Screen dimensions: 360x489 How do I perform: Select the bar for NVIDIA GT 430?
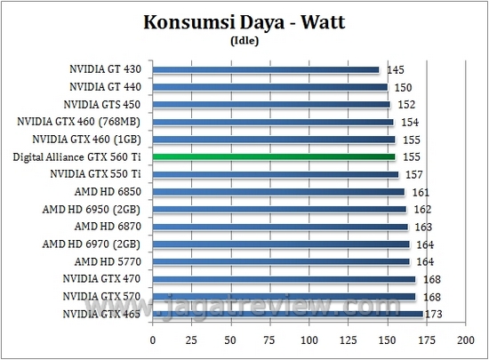(x=267, y=69)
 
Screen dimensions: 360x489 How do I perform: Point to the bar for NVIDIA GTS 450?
(x=271, y=104)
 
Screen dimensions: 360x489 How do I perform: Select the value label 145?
(x=396, y=69)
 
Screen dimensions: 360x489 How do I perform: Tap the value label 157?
(x=414, y=174)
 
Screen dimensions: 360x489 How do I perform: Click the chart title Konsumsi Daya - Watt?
(x=244, y=22)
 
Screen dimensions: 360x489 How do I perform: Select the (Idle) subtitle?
(x=244, y=39)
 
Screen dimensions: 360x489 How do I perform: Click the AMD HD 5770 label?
(x=111, y=261)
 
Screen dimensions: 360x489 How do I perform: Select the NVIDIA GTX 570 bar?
(x=284, y=296)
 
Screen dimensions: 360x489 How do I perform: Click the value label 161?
(x=421, y=191)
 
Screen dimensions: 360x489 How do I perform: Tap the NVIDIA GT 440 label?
(x=107, y=86)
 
